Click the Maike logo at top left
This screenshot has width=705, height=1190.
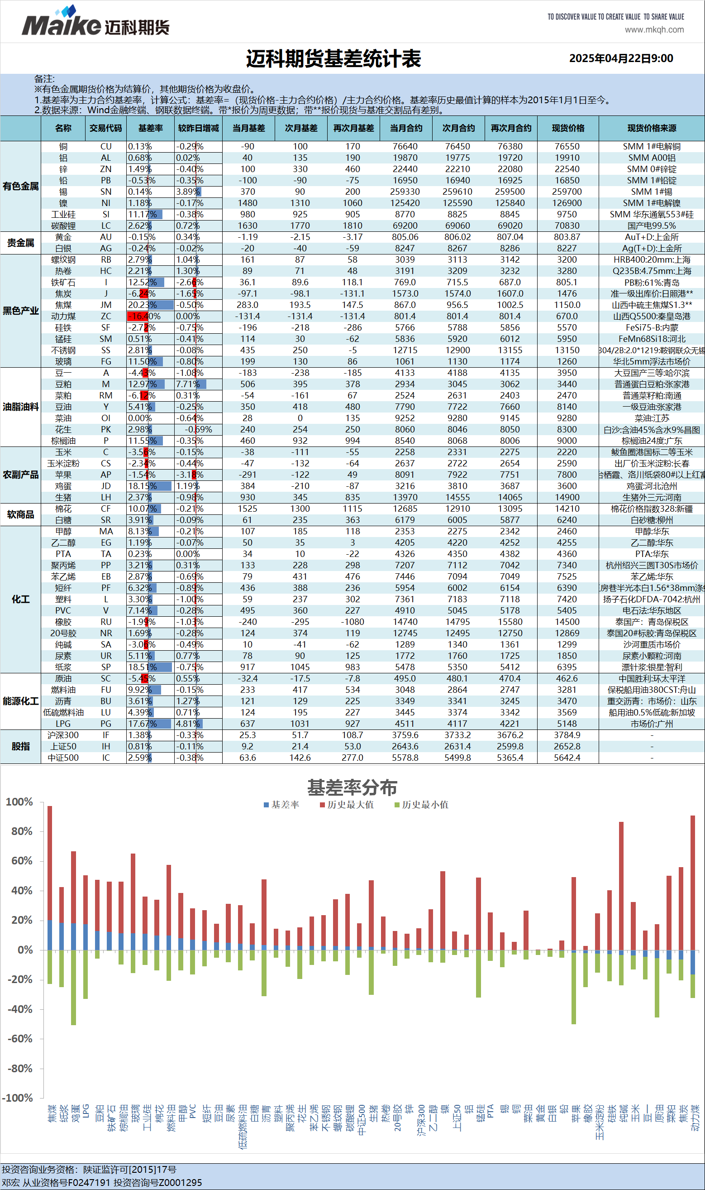click(95, 21)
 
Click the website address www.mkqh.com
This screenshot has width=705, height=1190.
click(654, 29)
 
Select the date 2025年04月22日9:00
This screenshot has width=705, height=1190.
click(621, 58)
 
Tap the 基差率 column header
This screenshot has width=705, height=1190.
click(151, 128)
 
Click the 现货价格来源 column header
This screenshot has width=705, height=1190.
click(651, 128)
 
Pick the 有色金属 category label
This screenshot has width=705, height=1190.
click(20, 186)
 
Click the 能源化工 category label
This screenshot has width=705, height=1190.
click(20, 701)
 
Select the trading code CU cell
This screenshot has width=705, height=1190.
click(106, 146)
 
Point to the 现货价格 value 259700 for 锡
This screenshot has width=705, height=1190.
click(567, 192)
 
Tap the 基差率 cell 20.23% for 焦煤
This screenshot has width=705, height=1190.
click(151, 305)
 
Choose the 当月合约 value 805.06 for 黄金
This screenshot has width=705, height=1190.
click(405, 237)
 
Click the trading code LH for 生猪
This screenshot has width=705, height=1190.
click(106, 497)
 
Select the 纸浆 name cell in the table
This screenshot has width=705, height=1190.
click(63, 667)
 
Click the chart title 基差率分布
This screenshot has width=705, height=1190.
click(352, 787)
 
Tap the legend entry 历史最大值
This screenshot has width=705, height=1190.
click(347, 805)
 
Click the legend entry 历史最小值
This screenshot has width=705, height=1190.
click(421, 805)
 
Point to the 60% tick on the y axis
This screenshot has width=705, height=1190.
click(22, 861)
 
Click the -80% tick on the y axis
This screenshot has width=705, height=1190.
click(20, 1068)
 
